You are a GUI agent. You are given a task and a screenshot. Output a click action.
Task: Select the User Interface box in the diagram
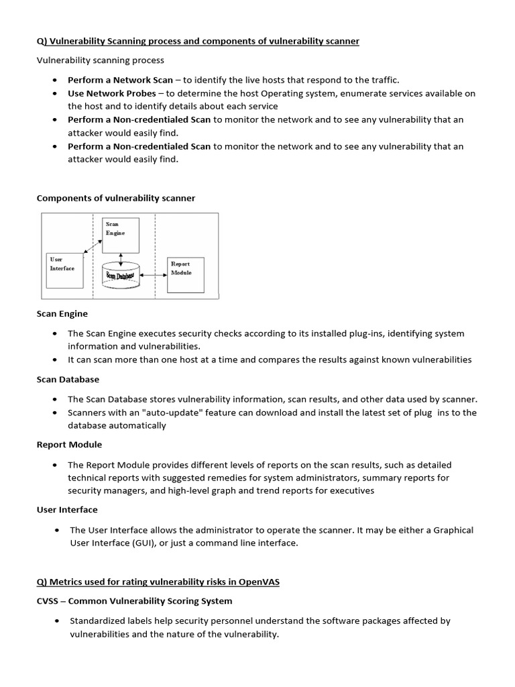[64, 270]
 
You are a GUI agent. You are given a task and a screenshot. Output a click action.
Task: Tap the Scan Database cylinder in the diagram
[121, 276]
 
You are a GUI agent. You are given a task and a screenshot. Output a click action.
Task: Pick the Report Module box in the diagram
[185, 274]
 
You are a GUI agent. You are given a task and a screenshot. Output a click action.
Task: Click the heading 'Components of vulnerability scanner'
[115, 198]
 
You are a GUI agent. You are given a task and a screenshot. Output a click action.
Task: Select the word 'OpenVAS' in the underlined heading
[260, 582]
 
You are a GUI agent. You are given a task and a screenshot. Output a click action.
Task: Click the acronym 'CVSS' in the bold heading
[49, 600]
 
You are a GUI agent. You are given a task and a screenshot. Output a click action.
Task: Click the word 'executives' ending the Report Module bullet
[352, 490]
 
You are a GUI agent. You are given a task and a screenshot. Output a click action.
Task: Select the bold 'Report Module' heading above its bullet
[69, 444]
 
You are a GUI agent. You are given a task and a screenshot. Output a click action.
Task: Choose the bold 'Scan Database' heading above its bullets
[68, 379]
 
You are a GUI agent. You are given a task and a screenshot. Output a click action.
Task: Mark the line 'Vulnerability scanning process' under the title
[100, 60]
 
